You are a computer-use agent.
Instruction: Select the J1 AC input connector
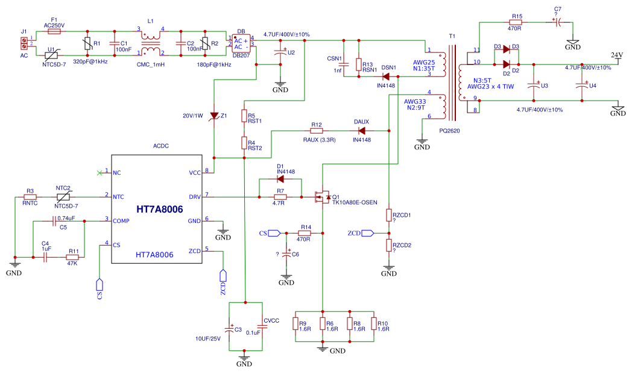click(x=24, y=42)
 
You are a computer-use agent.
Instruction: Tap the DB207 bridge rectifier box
click(x=241, y=43)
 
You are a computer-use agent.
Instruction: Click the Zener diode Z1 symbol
click(x=214, y=116)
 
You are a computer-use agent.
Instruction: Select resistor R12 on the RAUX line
click(x=317, y=131)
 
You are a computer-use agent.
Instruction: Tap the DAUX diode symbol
click(x=362, y=131)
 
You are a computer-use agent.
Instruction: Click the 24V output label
click(x=616, y=55)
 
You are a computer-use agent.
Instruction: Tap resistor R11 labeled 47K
click(x=72, y=257)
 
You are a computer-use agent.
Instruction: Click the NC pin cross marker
click(x=100, y=173)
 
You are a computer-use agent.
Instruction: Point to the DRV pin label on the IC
click(x=195, y=196)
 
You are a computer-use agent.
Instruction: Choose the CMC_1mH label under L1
click(x=151, y=64)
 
